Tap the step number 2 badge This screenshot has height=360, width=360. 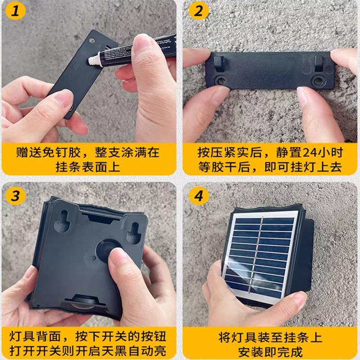pyautogui.click(x=198, y=11)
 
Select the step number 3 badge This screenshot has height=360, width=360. pyautogui.click(x=17, y=196)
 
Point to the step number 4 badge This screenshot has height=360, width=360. pyautogui.click(x=198, y=196)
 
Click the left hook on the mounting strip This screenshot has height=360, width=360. pyautogui.click(x=219, y=62)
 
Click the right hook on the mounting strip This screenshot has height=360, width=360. pyautogui.click(x=320, y=62)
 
